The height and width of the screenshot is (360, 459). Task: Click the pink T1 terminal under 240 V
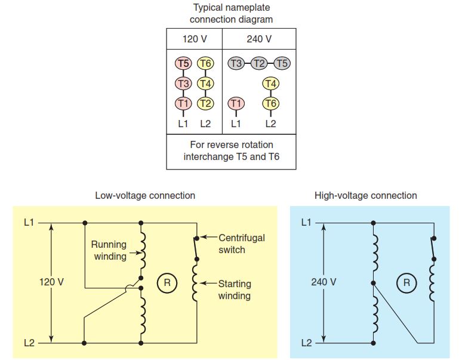click(236, 104)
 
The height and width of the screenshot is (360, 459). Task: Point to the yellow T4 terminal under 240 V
click(270, 84)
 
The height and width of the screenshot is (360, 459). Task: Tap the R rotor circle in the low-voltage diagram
click(167, 283)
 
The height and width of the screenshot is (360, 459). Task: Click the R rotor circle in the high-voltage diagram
click(406, 283)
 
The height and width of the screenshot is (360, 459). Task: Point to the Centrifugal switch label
click(242, 244)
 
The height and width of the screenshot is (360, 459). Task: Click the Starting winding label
click(235, 290)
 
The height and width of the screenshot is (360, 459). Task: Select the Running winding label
click(109, 250)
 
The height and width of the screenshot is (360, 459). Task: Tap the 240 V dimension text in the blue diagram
click(324, 282)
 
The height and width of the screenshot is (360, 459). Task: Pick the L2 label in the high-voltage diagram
click(306, 343)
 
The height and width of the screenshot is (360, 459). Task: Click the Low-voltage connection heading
click(145, 195)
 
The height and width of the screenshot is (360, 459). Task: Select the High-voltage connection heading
click(366, 195)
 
